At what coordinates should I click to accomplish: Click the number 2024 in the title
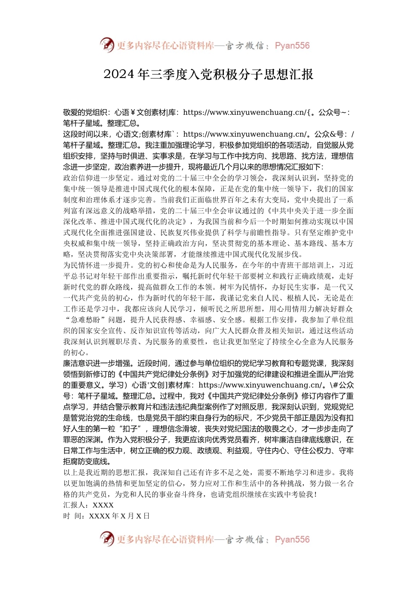pos(119,75)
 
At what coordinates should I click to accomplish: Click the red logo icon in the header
pos(107,45)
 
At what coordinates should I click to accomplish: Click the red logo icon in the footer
pos(107,539)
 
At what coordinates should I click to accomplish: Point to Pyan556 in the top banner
pos(292,46)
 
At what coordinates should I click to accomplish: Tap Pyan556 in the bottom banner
pos(292,539)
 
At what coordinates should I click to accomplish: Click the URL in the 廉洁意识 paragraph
pos(261,385)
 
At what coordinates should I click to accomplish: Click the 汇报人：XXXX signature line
pos(88,505)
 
